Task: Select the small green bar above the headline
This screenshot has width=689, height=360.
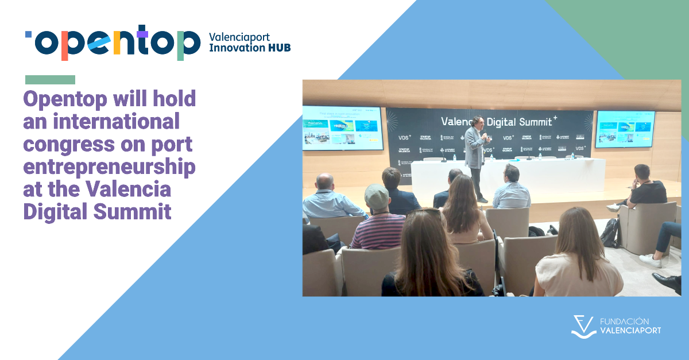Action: point(50,80)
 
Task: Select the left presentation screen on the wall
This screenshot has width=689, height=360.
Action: point(342,127)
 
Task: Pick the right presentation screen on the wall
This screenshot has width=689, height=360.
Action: point(625,129)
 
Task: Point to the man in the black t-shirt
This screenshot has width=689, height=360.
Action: point(647,190)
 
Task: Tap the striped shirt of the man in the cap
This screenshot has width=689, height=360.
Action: point(378,230)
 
